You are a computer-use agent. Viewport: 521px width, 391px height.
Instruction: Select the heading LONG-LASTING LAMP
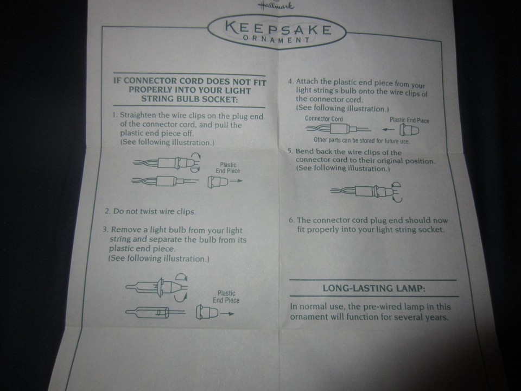[x=374, y=288]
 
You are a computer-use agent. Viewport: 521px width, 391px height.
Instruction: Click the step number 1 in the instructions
[x=115, y=116]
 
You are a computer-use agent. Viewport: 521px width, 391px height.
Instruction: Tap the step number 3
[x=105, y=230]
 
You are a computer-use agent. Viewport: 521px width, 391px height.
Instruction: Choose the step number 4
[x=290, y=81]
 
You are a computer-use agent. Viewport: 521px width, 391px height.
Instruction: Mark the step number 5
[x=290, y=152]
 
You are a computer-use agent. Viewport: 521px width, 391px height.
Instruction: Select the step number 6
[x=291, y=220]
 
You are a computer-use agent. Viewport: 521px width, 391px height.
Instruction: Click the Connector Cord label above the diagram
[x=324, y=118]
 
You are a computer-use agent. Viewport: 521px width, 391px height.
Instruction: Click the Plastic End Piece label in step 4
[x=409, y=120]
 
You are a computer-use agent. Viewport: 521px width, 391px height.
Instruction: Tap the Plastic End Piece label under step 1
[x=228, y=168]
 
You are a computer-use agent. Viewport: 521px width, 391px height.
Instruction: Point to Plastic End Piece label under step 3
[x=226, y=297]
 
